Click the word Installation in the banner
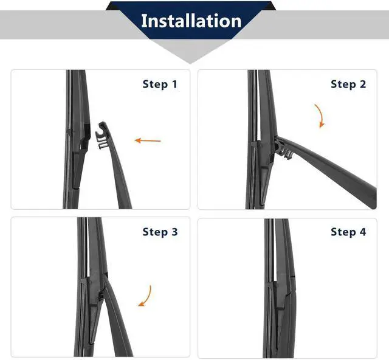pos(191,21)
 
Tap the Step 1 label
pos(160,84)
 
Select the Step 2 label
pos(348,84)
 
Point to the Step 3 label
pos(160,232)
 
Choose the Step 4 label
pos(348,232)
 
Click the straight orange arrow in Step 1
pos(148,140)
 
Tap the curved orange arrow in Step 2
pos(320,116)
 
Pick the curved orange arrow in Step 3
pos(146,296)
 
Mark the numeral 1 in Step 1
pos(174,84)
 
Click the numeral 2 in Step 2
pos(363,84)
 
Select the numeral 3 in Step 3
pos(174,232)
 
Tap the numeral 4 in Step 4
pos(363,232)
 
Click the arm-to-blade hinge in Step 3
pos(102,293)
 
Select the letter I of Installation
pos(143,21)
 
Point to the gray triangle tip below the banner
pos(190,64)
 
